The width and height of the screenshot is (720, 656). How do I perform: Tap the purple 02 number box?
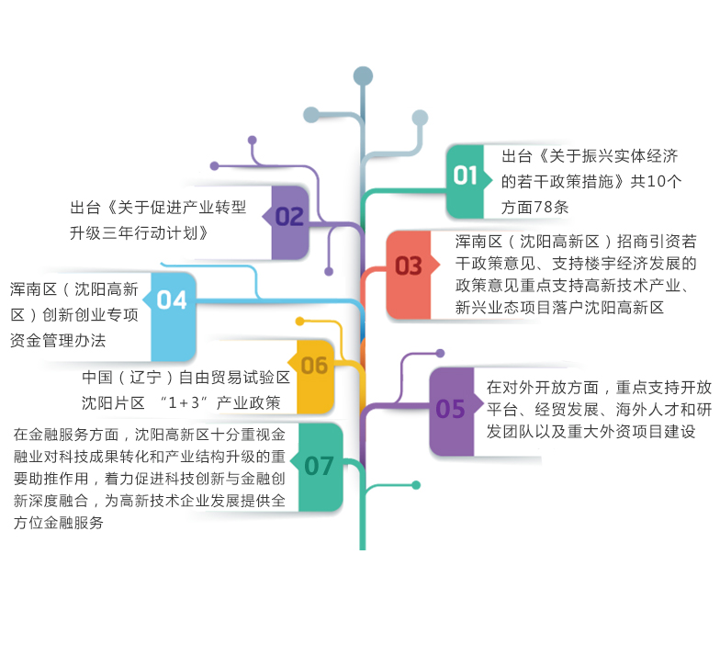point(289,217)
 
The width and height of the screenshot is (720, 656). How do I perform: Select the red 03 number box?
point(409,266)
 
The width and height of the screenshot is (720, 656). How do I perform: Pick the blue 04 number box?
point(173,300)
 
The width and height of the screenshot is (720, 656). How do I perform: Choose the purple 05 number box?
point(451,409)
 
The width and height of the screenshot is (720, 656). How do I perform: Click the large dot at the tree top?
point(363,76)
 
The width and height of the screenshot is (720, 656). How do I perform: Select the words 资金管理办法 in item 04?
point(58,340)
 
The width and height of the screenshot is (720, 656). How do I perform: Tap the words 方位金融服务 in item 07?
point(59,523)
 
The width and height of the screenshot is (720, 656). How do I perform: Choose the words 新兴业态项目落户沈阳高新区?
point(559,309)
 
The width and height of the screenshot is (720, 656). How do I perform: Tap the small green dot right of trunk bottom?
point(416,485)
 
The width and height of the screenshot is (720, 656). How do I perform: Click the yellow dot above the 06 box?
point(299,322)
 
